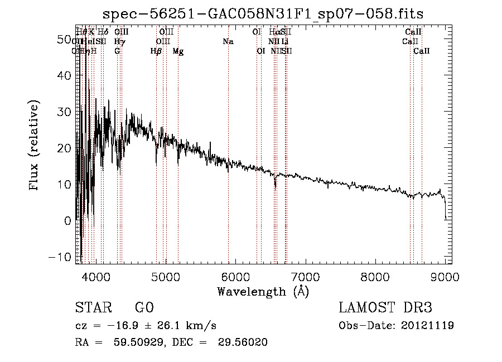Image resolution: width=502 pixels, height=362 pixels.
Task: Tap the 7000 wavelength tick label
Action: click(x=305, y=276)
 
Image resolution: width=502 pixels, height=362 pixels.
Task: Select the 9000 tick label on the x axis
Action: click(x=445, y=276)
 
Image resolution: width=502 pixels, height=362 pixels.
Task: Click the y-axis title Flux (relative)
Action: click(x=35, y=145)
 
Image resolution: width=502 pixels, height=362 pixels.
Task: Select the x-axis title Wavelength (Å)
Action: click(x=263, y=291)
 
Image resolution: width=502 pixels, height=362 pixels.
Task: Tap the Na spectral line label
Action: click(x=228, y=41)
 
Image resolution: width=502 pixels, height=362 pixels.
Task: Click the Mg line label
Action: click(x=178, y=51)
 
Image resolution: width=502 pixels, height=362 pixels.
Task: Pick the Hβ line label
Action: click(x=156, y=51)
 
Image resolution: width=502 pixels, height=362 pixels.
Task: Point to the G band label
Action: click(x=117, y=51)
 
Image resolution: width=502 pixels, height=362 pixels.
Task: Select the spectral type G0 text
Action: click(x=144, y=308)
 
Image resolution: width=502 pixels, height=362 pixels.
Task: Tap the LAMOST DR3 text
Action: click(x=385, y=308)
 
